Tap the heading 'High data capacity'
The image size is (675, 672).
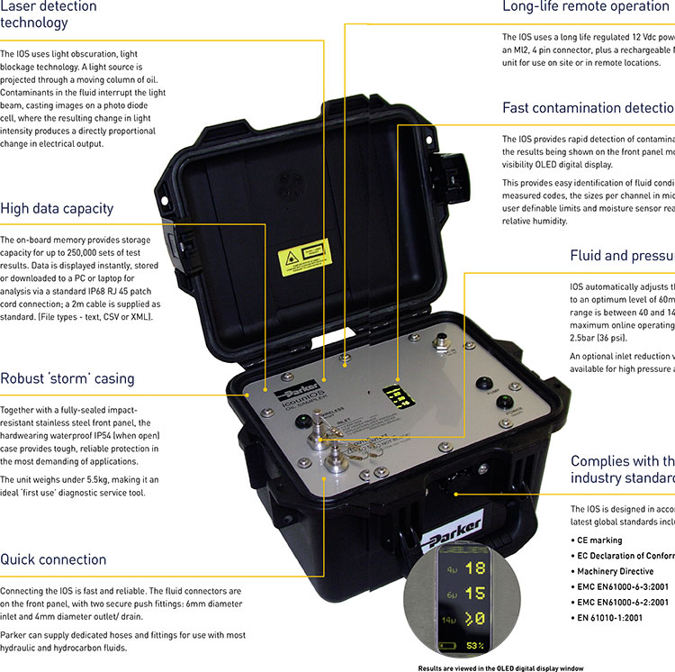(57, 208)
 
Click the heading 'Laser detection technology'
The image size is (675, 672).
(49, 14)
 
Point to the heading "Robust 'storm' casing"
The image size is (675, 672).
(67, 378)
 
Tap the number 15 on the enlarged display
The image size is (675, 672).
(474, 594)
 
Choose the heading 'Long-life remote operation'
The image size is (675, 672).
(585, 7)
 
